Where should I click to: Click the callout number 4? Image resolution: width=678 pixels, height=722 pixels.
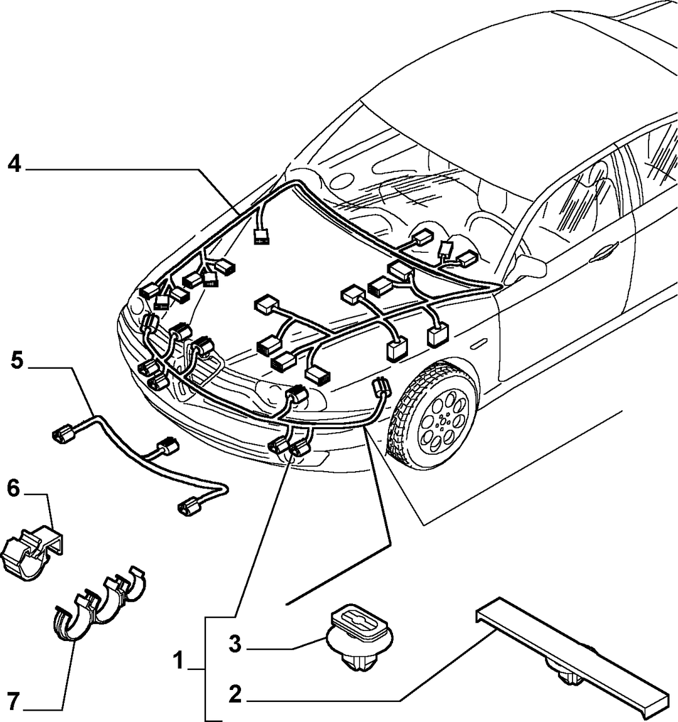[14, 164]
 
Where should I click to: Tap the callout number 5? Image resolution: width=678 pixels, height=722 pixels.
[17, 360]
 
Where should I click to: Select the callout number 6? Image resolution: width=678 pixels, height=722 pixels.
[14, 488]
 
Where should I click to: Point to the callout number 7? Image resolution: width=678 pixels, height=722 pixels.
[13, 702]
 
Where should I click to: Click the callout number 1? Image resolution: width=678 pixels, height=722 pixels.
[178, 661]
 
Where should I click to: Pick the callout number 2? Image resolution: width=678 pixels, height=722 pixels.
[235, 694]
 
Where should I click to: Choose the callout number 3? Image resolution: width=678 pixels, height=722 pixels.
[235, 644]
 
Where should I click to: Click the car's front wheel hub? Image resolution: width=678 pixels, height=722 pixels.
[443, 420]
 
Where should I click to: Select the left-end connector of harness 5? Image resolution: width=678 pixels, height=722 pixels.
[63, 434]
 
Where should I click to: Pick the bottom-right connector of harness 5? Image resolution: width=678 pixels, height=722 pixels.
[190, 507]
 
